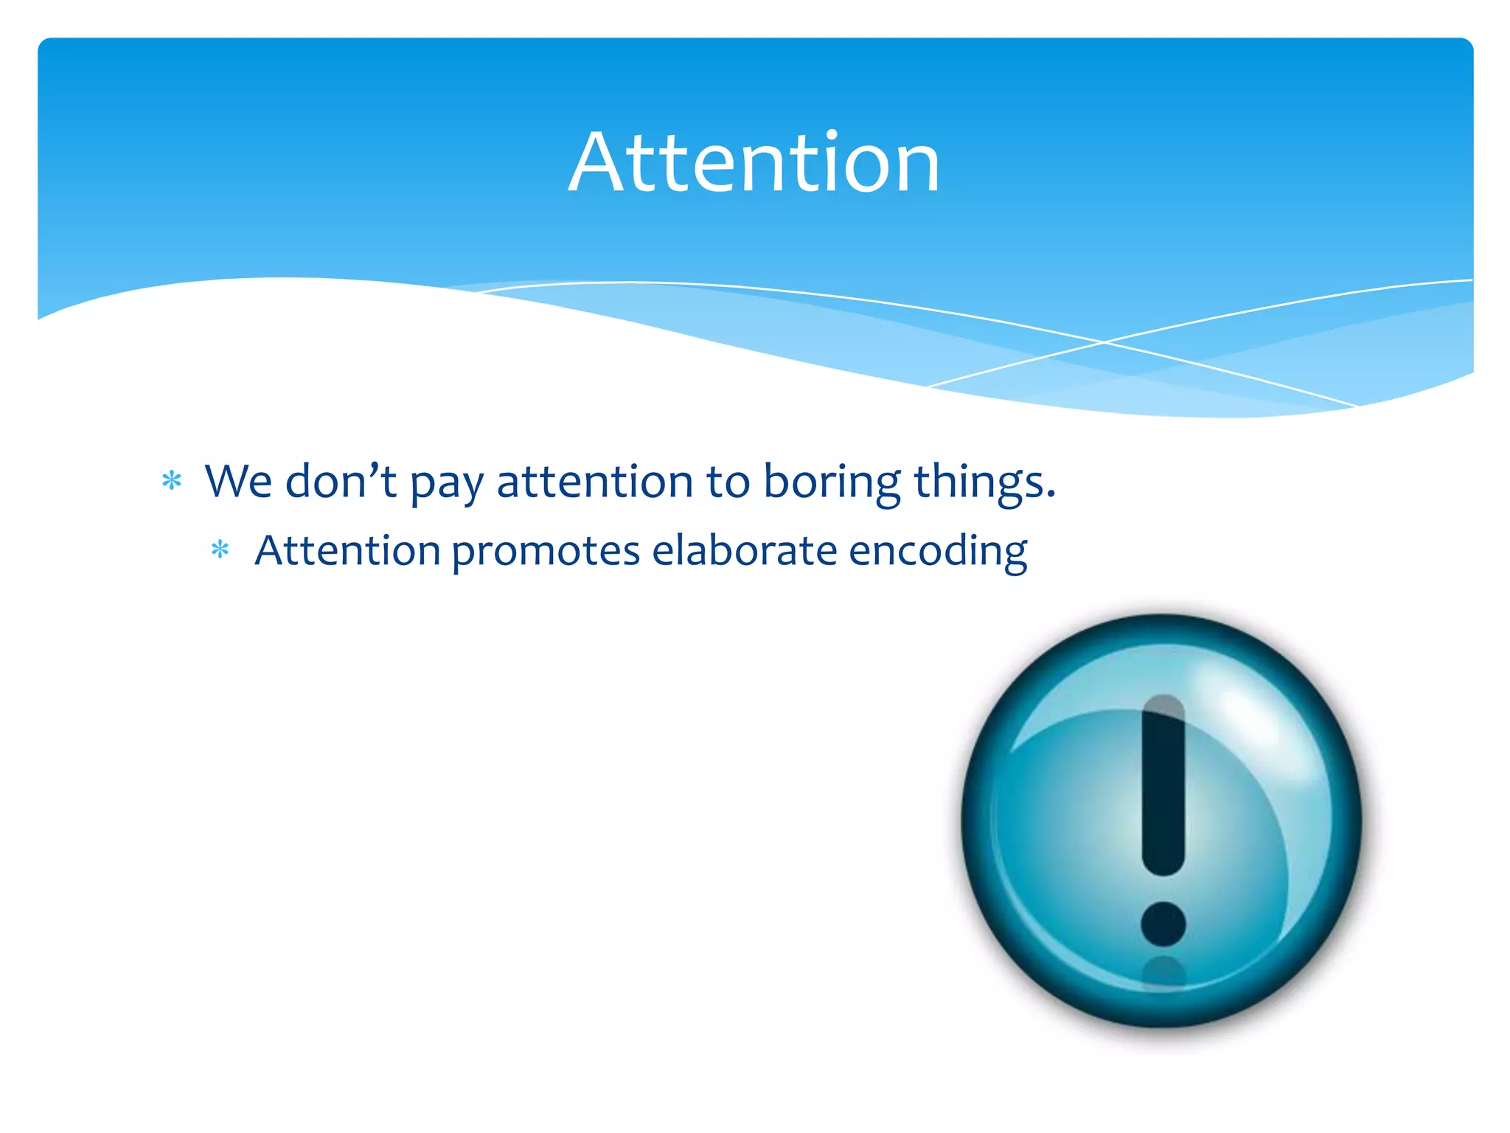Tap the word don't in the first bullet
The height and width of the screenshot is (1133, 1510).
pos(341,482)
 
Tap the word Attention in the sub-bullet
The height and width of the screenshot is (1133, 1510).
pos(347,551)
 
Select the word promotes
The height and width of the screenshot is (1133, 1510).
pos(546,552)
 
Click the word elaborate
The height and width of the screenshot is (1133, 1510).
pos(744,551)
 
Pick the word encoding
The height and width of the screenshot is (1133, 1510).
pos(938,552)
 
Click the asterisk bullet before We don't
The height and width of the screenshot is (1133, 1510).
pos(172,482)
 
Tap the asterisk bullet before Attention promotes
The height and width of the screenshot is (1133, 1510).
pos(220,550)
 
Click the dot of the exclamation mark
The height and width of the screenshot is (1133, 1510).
pos(1163,924)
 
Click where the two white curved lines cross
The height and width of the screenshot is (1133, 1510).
pos(1104,342)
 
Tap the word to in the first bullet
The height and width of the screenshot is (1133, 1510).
pos(728,482)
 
